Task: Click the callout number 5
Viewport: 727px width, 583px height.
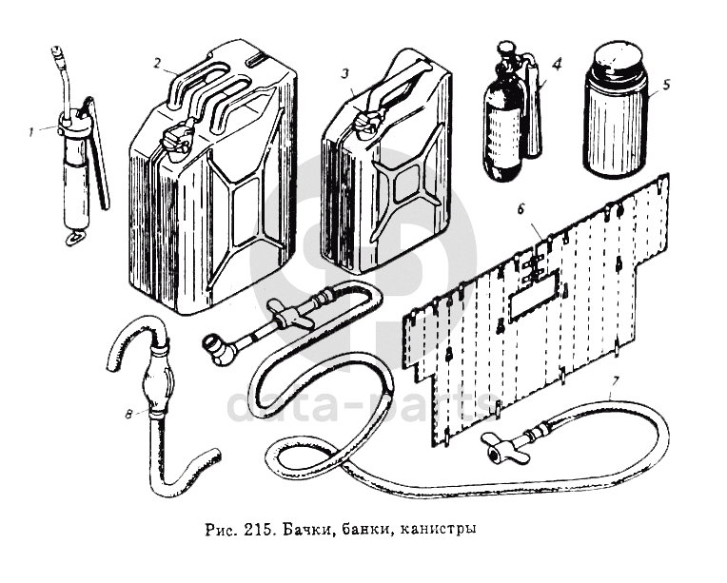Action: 666,84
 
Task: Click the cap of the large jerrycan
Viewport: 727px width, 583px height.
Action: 176,140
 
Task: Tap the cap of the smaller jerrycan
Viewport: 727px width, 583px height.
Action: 363,123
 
